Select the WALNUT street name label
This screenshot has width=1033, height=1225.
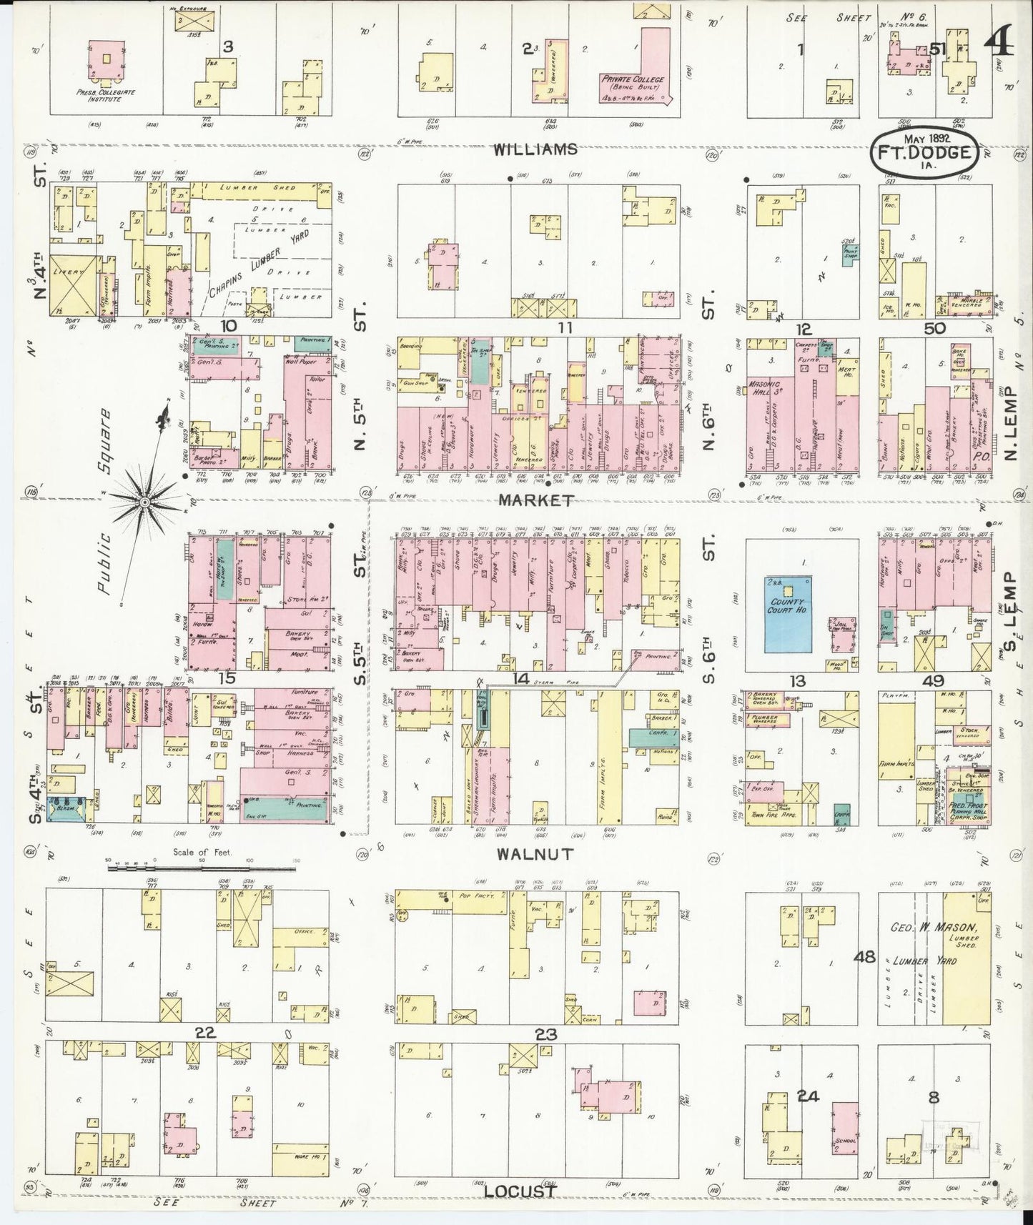click(545, 853)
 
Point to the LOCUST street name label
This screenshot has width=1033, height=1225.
click(520, 1191)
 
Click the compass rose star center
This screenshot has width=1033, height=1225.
click(144, 502)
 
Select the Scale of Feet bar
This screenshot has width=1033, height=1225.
click(202, 868)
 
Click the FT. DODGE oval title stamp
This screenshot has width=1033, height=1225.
click(924, 152)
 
